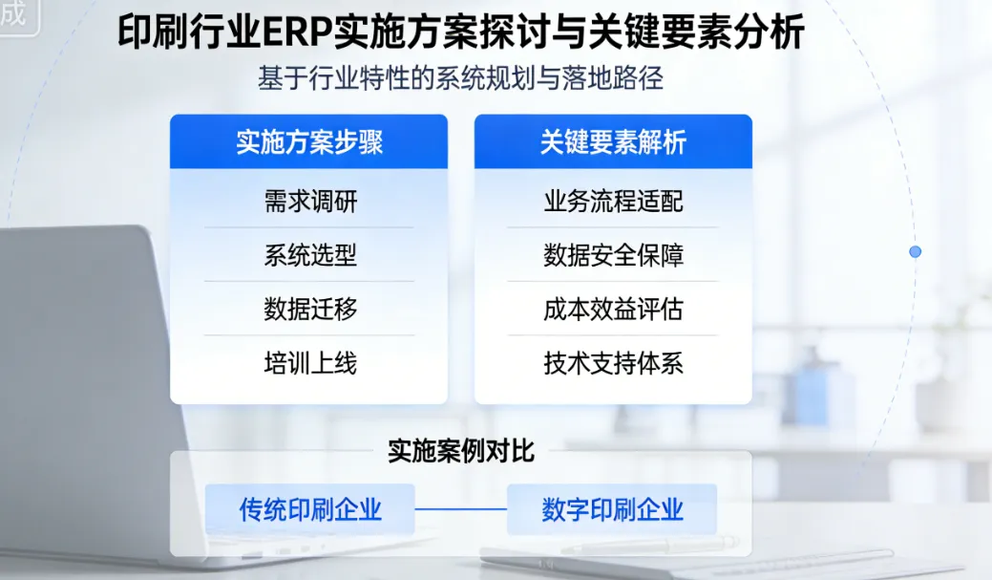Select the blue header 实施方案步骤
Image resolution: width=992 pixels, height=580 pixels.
(x=308, y=142)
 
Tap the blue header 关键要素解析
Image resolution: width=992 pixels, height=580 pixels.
(x=613, y=142)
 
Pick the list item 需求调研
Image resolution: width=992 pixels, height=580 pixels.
(x=309, y=202)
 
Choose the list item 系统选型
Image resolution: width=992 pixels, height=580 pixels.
(x=309, y=255)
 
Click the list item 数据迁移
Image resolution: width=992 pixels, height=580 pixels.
(x=309, y=309)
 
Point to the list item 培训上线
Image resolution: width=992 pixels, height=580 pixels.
(x=309, y=363)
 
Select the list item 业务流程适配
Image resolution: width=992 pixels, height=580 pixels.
(x=613, y=202)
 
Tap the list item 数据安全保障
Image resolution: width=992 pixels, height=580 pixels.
(x=613, y=255)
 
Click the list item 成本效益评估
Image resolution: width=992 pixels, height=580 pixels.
(x=613, y=309)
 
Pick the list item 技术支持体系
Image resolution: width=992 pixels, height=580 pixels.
(x=613, y=363)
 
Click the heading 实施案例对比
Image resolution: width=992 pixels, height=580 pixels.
(x=460, y=451)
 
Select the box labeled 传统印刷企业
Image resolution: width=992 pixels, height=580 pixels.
(x=309, y=509)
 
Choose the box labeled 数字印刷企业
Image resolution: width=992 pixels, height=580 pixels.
(x=612, y=509)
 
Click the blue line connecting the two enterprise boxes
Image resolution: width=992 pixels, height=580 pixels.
(x=460, y=509)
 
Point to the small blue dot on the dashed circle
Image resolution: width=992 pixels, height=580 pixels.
(x=915, y=251)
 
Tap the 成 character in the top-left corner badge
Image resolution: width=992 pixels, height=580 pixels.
(x=12, y=13)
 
